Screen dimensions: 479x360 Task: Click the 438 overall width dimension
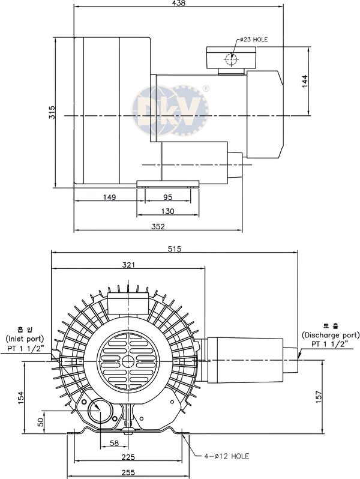tap(178, 4)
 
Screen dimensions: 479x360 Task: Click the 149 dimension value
tap(109, 197)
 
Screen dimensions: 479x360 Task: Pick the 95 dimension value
tap(168, 197)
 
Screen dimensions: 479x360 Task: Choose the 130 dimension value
tap(168, 211)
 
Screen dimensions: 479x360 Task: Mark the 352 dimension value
tap(158, 226)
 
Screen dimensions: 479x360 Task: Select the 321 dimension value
tap(128, 265)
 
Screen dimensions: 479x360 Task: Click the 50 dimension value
tap(41, 421)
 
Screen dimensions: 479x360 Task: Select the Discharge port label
tap(331, 334)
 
